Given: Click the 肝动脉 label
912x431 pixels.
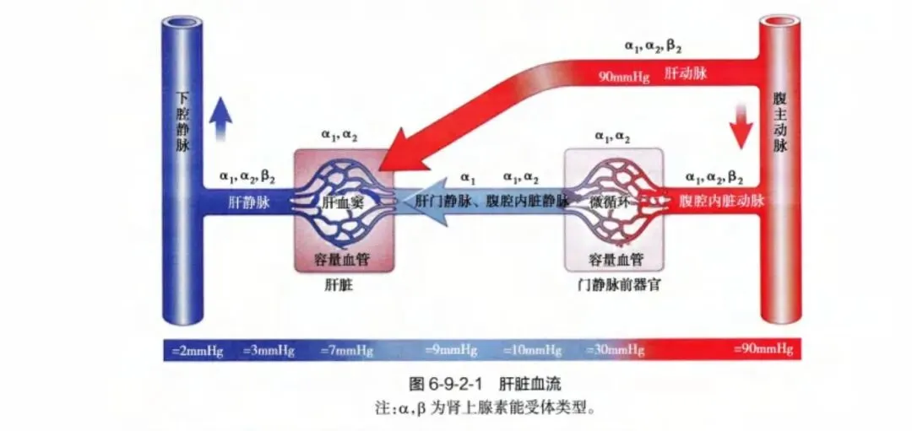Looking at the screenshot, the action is point(687,73).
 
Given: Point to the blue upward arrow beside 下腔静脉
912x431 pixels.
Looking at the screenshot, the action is point(220,116).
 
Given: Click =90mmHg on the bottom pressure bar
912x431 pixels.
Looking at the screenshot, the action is point(763,349).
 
